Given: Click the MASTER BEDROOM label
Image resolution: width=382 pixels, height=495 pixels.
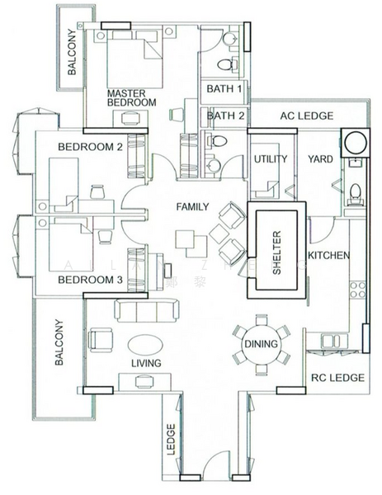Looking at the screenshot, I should [x=132, y=97].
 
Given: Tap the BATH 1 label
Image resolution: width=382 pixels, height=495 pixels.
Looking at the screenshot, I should [x=224, y=88].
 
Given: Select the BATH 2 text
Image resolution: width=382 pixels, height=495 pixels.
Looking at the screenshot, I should [x=224, y=116].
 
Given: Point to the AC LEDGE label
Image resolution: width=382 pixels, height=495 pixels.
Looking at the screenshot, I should [x=304, y=115].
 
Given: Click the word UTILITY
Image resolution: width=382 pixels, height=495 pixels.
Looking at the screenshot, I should [x=270, y=158].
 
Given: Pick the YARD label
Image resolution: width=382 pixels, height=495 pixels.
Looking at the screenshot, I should [x=320, y=158].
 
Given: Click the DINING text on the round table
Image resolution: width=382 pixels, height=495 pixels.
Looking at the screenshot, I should [x=261, y=344].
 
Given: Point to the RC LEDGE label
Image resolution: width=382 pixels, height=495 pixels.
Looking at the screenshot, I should [x=337, y=378].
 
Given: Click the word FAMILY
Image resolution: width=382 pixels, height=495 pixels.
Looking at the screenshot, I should [x=191, y=207].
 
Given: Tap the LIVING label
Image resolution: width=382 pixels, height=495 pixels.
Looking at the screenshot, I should [x=145, y=363].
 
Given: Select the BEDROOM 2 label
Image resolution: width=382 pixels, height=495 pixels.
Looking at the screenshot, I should [x=90, y=147].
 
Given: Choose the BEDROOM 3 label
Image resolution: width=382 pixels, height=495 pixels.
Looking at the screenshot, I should [x=90, y=280].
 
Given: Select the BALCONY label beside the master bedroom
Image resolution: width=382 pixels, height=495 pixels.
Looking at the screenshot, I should [x=72, y=57].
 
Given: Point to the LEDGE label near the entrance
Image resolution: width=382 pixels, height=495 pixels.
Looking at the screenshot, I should [x=172, y=437].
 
